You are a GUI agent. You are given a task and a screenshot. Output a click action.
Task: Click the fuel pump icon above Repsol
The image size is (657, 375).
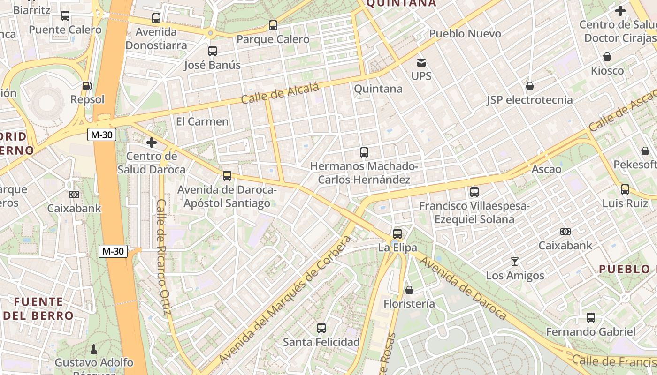point(87,86)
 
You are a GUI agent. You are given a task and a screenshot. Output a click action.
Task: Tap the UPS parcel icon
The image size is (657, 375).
point(421,62)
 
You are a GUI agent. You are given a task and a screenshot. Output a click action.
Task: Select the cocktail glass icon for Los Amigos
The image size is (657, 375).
point(515,262)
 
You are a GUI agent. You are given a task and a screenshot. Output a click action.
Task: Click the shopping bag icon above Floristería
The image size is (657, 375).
point(409,290)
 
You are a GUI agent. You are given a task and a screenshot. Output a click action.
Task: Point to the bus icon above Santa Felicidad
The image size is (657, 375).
point(321,328)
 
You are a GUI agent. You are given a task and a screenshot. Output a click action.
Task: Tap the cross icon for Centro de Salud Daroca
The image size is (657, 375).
point(151,142)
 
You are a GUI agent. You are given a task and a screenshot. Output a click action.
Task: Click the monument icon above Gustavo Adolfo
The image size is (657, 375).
point(94,349)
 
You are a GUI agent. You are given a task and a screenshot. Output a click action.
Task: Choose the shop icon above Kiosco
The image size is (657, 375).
point(607,57)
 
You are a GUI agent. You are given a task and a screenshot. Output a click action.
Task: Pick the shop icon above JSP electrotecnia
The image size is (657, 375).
point(530,86)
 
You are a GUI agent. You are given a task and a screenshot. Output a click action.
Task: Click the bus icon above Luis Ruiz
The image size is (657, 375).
point(625,189)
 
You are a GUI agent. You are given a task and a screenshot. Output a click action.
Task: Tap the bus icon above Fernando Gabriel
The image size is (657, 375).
point(590,318)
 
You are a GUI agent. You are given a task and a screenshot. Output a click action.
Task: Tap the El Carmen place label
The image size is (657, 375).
point(202,121)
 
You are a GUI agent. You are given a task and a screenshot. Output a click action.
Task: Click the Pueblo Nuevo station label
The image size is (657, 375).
point(465,34)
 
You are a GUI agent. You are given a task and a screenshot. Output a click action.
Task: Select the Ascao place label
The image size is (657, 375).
point(546,169)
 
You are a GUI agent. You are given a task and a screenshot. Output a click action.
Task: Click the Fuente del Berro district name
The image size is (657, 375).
point(38,308)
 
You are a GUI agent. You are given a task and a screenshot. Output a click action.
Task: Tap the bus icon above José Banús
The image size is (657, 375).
point(213,51)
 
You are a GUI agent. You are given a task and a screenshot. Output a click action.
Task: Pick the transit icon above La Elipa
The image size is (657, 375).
point(397,233)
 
